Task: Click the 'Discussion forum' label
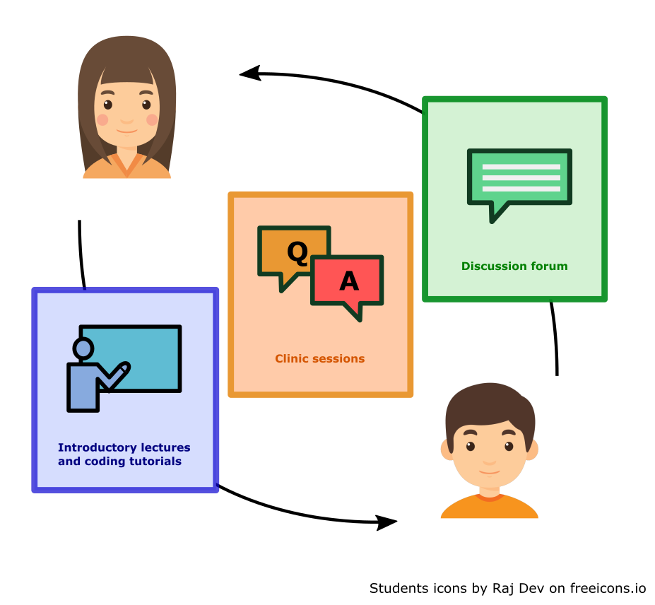tap(514, 266)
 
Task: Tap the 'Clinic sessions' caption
tap(320, 359)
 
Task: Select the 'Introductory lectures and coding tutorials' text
tap(124, 454)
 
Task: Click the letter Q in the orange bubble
tap(297, 252)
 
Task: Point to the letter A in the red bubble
tap(349, 281)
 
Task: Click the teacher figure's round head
tap(83, 348)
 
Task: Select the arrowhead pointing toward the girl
tap(249, 73)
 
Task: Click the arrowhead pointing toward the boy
tap(387, 522)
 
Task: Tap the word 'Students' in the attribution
tap(397, 588)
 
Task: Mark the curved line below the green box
tap(555, 338)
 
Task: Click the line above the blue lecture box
tap(81, 254)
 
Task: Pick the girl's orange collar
tap(127, 167)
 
